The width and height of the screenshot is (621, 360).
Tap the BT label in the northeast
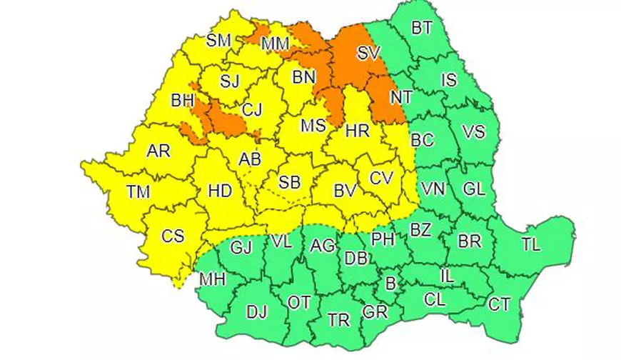(422, 29)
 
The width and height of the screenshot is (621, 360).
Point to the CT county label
(499, 304)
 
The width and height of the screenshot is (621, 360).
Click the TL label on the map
(530, 245)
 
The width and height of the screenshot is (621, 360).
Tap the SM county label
(219, 41)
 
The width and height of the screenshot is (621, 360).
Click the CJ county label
(251, 109)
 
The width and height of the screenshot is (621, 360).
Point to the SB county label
(289, 183)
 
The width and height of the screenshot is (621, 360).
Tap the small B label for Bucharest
(390, 284)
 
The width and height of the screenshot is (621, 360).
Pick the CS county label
(172, 236)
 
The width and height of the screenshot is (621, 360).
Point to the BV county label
(345, 191)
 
